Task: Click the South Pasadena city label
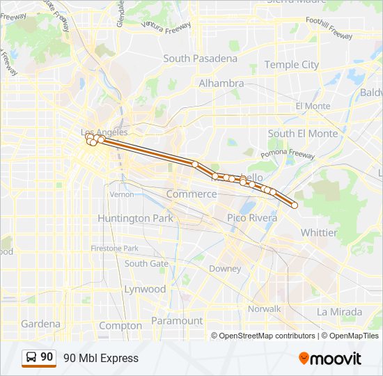coord(200,58)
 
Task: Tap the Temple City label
coord(291,65)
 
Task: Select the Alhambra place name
coord(221,83)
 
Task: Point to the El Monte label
coord(313,106)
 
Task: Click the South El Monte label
coord(302,133)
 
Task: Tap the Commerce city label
coord(191,194)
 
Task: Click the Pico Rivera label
coord(252,218)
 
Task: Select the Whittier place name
coord(318,232)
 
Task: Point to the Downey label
coord(225,268)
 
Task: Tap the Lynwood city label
coord(145,288)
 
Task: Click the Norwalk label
coord(264,308)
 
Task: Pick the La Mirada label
coord(339,311)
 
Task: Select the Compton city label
coord(120,325)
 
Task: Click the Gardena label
coord(40,324)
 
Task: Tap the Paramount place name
coord(178,321)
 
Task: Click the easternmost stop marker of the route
coord(295,205)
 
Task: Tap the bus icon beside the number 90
coord(31,357)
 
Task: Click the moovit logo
coord(330,359)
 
